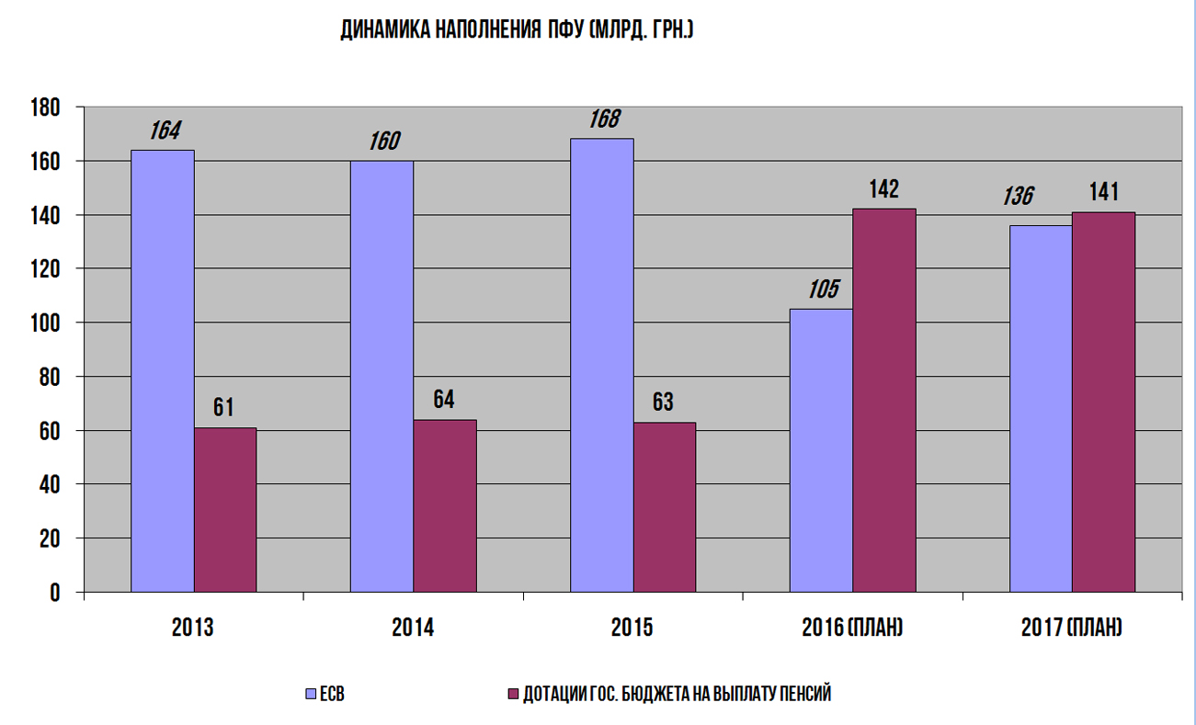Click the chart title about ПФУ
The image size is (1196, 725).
coord(516,31)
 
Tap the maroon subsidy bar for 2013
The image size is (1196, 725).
coord(225,510)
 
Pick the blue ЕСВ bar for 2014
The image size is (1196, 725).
coord(382,376)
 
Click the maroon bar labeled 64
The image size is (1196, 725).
coord(445,505)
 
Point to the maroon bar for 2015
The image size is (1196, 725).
coord(665,507)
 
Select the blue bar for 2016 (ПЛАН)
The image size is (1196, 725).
coord(821,450)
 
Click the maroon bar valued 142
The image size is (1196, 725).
coord(884,400)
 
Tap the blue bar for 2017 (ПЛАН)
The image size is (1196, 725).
coord(1041,408)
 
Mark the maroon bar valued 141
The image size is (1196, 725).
coord(1103,402)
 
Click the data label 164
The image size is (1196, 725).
coord(165,131)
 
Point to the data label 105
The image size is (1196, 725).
coord(823,290)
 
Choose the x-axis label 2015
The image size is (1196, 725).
coord(632,629)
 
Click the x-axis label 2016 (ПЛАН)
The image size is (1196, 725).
coord(852,629)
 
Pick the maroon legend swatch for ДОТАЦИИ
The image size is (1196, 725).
coord(513,695)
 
